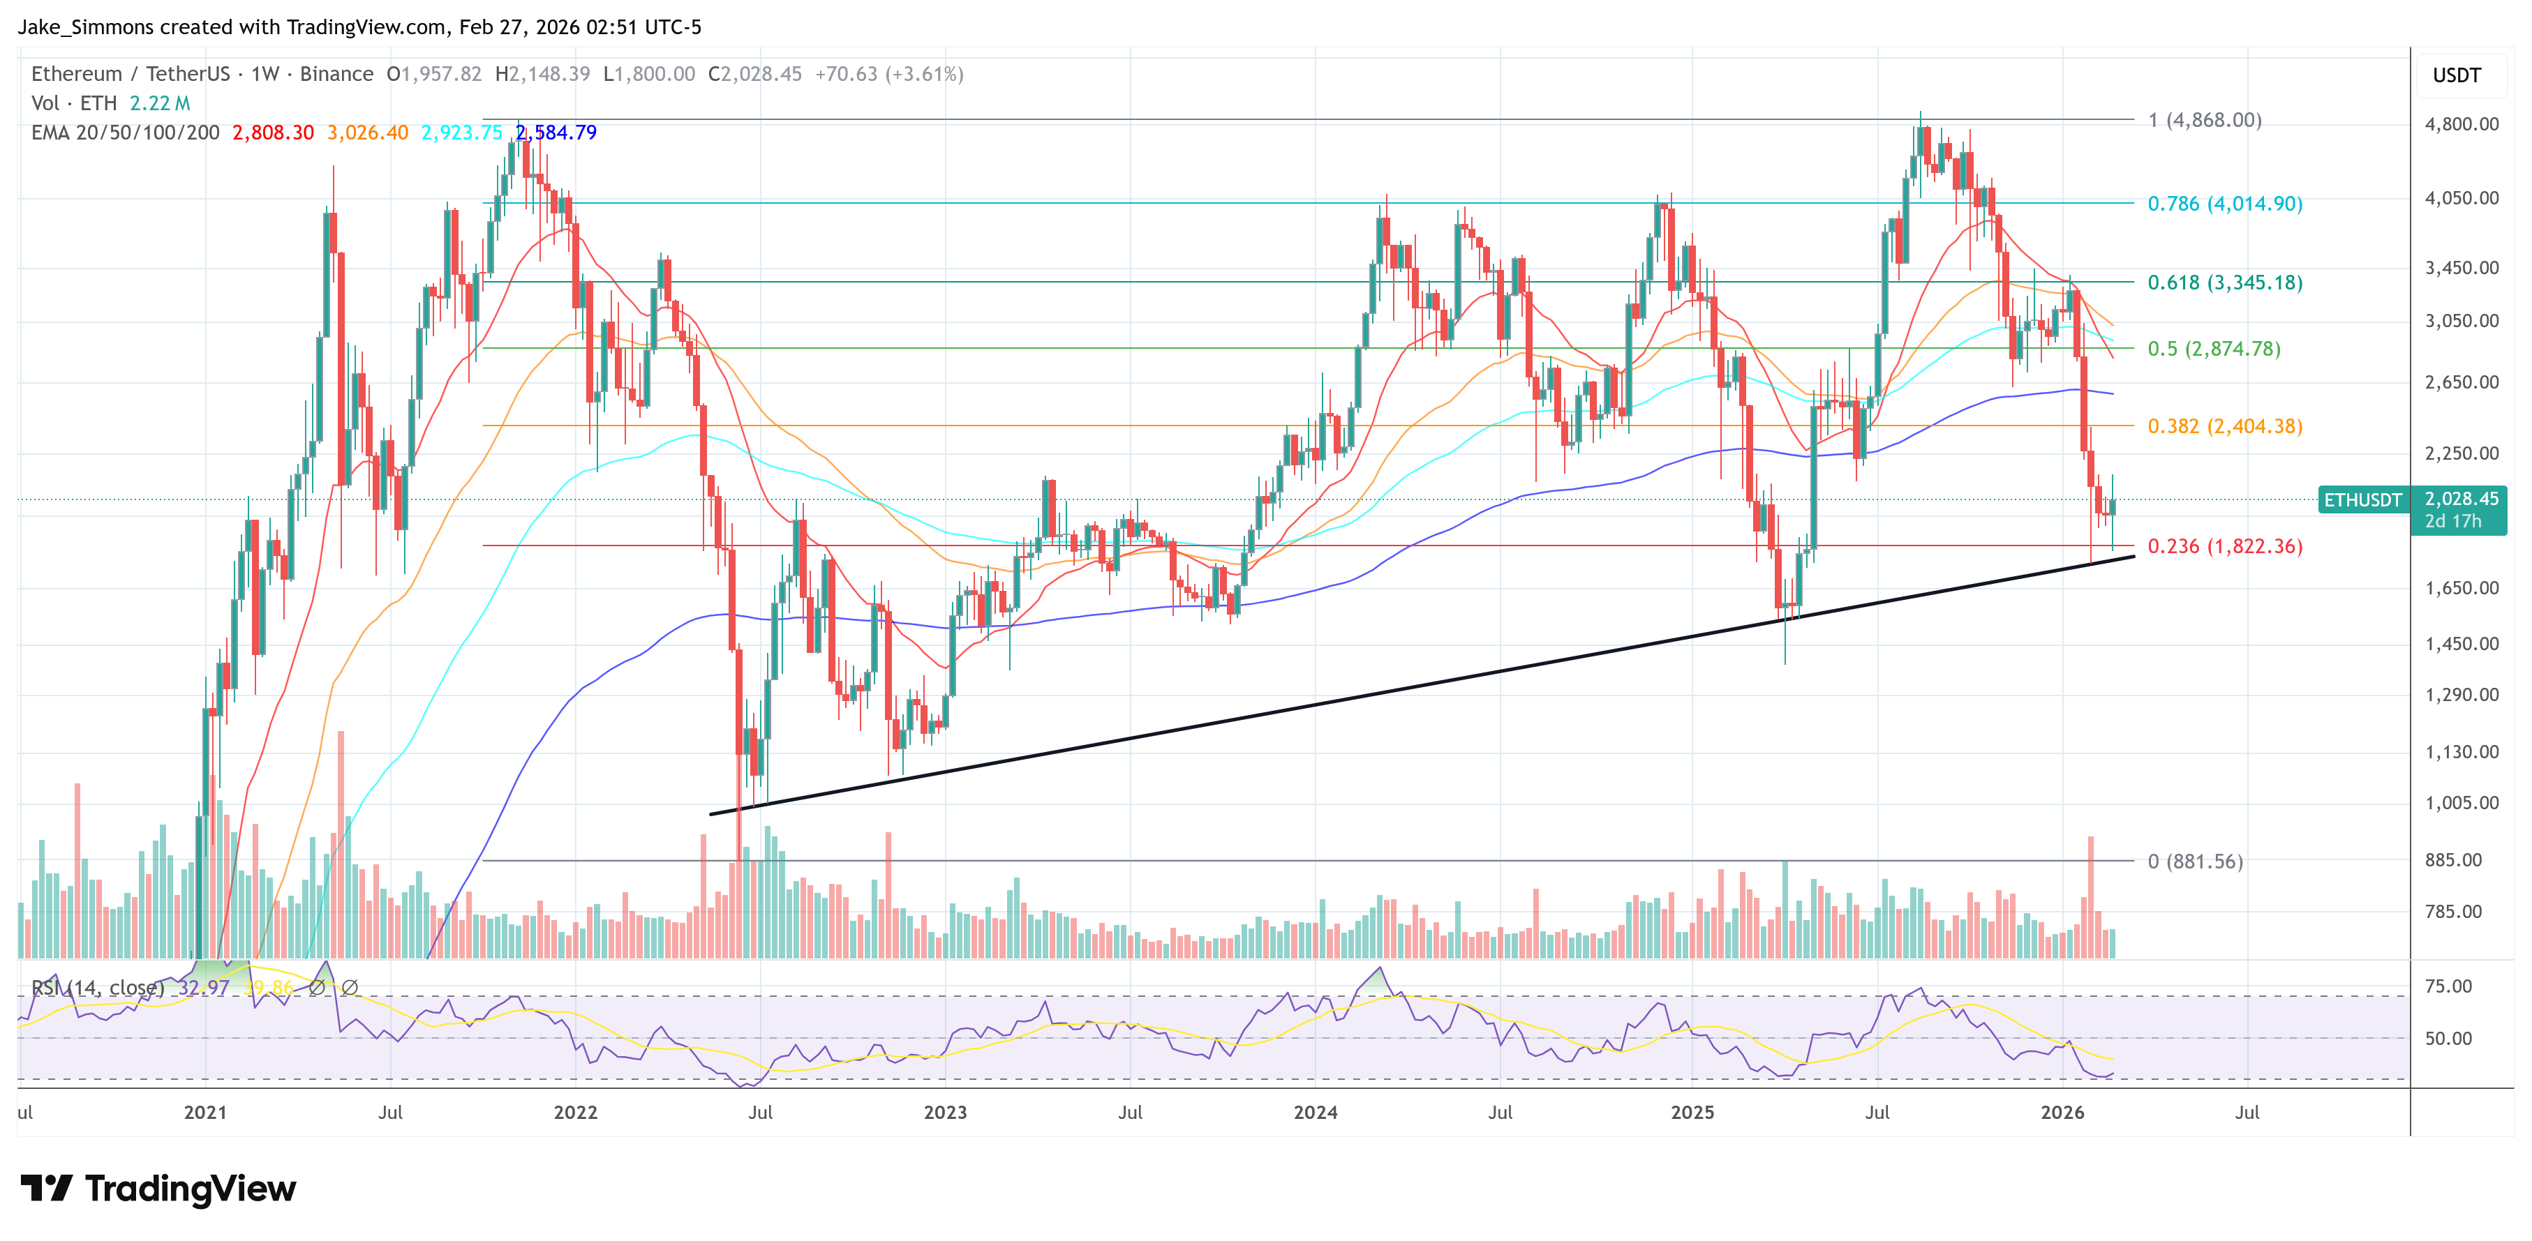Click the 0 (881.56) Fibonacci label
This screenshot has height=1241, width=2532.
pos(2195,862)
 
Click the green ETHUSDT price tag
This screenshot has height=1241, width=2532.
pos(2362,500)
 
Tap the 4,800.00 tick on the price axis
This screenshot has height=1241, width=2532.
pos(2462,123)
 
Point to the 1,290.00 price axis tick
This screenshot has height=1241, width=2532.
pos(2462,695)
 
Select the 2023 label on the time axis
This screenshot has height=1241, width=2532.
pos(944,1112)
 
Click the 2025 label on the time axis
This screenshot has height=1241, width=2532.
pos(1692,1112)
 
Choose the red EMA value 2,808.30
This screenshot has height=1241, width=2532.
pos(272,133)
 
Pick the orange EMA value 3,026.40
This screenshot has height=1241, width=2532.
pos(368,133)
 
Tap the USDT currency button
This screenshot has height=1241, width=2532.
pos(2457,75)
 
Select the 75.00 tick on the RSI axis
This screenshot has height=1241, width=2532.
pos(2448,986)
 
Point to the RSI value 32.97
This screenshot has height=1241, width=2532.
pos(204,988)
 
